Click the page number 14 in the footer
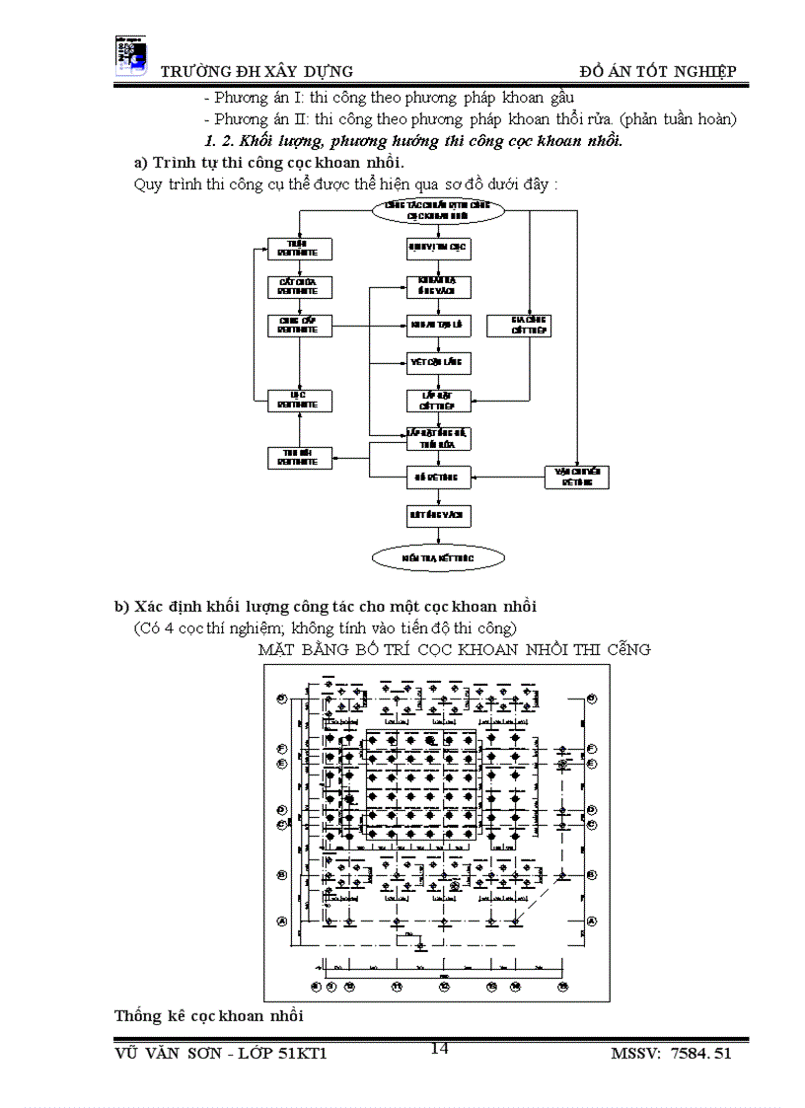pos(440,1048)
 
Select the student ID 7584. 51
pos(700,1055)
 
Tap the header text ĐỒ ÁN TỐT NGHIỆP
pos(658,71)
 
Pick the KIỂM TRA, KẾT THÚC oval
pos(438,557)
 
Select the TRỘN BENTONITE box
pos(300,249)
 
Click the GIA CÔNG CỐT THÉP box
pos(530,326)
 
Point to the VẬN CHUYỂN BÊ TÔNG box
pos(577,478)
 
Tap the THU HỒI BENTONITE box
pos(300,458)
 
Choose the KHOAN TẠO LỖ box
pos(438,325)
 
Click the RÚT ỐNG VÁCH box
pos(438,515)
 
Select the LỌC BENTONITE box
pos(300,401)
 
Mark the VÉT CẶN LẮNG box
pos(438,363)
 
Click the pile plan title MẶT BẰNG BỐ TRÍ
pos(454,649)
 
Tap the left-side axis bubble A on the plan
pos(281,921)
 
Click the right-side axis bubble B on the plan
pos(591,874)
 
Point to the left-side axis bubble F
pos(281,749)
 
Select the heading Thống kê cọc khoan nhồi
pos(209,1015)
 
